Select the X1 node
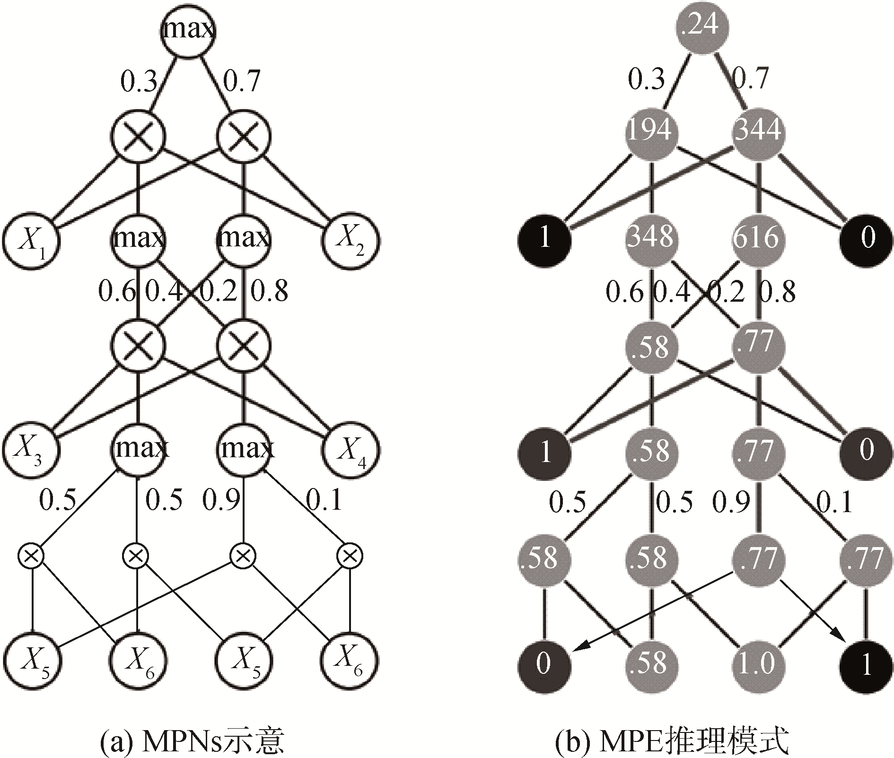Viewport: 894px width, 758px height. pyautogui.click(x=31, y=240)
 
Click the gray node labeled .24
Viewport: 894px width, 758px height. pyautogui.click(x=702, y=25)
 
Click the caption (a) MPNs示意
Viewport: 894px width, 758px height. pyautogui.click(x=192, y=741)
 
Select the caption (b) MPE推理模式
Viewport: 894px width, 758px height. pyautogui.click(x=672, y=741)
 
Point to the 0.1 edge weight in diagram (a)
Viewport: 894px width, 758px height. pyautogui.click(x=324, y=499)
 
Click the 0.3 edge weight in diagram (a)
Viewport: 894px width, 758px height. pyautogui.click(x=139, y=81)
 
